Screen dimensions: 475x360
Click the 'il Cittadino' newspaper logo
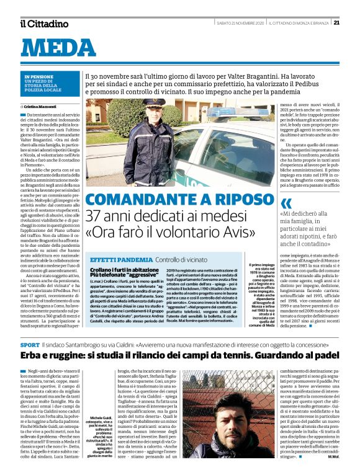click(x=44, y=24)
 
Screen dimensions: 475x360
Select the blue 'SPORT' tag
click(x=29, y=344)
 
